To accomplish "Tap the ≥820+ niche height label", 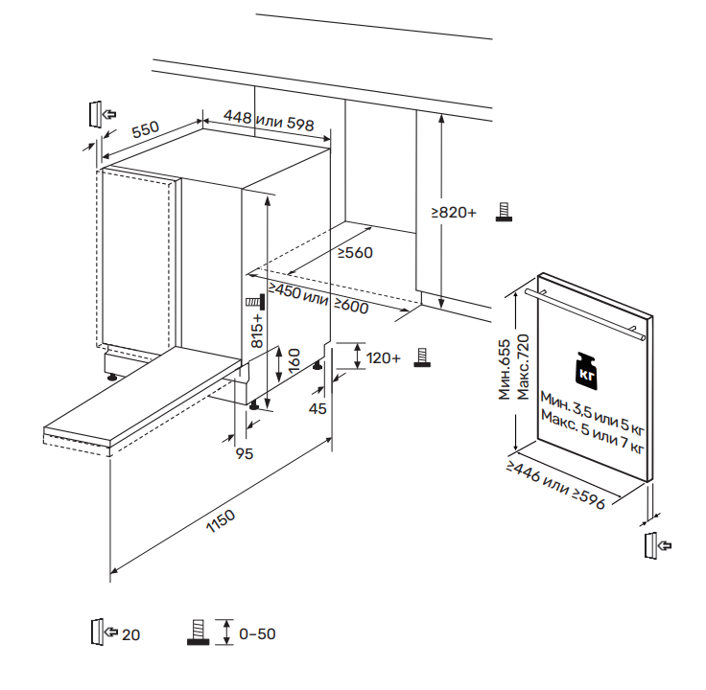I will (x=453, y=212).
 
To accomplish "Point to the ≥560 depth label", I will (x=355, y=253).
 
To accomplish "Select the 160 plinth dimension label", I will (x=293, y=361).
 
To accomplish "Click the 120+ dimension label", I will (x=384, y=357).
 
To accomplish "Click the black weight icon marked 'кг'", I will (x=586, y=368).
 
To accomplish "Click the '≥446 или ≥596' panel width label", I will (x=556, y=486).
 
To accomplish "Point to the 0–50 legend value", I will (x=257, y=633).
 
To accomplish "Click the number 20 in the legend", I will (x=131, y=633).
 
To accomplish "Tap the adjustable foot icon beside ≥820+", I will (x=501, y=212).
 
